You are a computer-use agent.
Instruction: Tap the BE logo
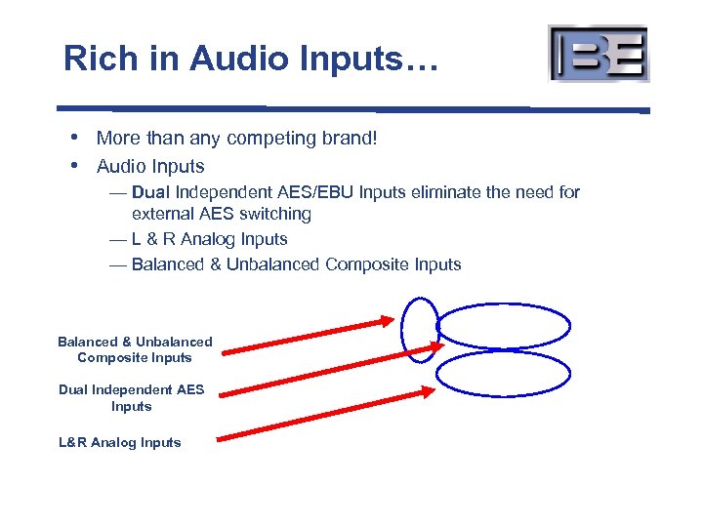pyautogui.click(x=599, y=53)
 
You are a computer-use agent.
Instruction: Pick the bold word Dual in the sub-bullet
pyautogui.click(x=150, y=192)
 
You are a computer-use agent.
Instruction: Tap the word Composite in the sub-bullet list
pyautogui.click(x=370, y=264)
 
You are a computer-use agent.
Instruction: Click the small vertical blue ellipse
pyautogui.click(x=421, y=329)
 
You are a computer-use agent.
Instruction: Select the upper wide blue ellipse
pyautogui.click(x=504, y=328)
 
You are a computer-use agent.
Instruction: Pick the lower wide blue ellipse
pyautogui.click(x=503, y=373)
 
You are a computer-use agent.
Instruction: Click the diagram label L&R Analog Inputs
pyautogui.click(x=120, y=442)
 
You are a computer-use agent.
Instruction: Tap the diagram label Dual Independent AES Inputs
pyautogui.click(x=132, y=397)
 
